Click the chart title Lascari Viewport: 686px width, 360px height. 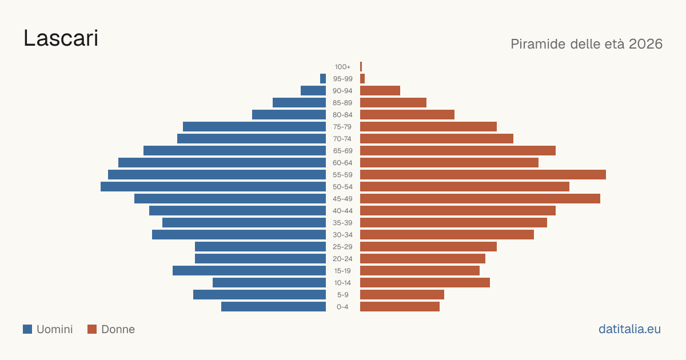point(61,38)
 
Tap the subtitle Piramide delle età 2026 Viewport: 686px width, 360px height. point(587,44)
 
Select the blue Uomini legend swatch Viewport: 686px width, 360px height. point(27,329)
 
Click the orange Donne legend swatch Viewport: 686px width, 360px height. point(92,329)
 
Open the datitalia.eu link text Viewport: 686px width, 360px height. point(629,329)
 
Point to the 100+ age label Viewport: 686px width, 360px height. point(342,67)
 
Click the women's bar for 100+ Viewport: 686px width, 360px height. point(361,67)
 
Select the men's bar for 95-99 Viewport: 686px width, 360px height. point(323,79)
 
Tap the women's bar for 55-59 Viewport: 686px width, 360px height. point(483,174)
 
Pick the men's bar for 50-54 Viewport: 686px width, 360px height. point(213,187)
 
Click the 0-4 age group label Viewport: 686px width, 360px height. point(342,307)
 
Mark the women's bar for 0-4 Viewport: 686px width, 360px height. point(400,307)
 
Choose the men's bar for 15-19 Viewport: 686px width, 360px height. point(249,271)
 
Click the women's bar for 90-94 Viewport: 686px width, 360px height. point(380,91)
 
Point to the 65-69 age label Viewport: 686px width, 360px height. point(342,151)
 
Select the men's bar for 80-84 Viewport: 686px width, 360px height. point(289,114)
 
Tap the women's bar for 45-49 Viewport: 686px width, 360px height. point(480,199)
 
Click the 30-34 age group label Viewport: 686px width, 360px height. point(342,235)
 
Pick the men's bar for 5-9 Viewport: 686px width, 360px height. point(260,294)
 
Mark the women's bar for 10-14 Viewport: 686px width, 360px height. point(425,282)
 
